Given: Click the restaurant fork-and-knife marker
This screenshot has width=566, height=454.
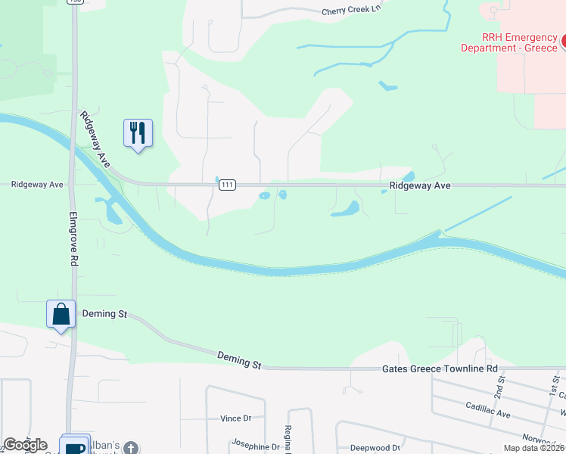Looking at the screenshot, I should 138,133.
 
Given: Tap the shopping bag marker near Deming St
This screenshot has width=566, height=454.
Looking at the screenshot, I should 61,314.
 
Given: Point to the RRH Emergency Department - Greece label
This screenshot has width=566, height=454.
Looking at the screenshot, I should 509,42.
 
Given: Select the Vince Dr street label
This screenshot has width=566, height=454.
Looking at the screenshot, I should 235,418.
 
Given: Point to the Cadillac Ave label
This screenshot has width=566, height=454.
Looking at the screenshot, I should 488,415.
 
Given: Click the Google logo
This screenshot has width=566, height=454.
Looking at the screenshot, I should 25,445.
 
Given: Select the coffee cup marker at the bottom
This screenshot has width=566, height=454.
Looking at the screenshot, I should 75,446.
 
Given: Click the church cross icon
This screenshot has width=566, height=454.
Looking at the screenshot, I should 132,447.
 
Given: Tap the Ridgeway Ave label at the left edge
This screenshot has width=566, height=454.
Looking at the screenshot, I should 36,185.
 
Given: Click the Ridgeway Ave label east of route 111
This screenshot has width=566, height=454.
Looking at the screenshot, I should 420,185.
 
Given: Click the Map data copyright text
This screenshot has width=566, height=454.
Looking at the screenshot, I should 533,448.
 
